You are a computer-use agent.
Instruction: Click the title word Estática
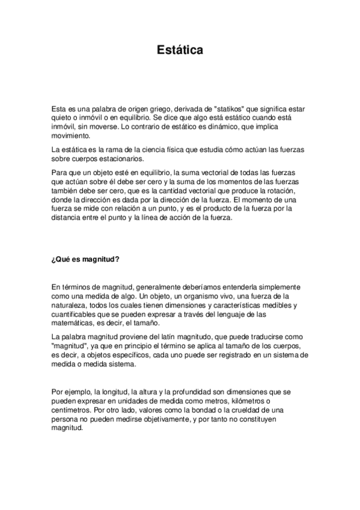pyautogui.click(x=180, y=50)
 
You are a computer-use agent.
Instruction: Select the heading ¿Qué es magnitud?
pyautogui.click(x=86, y=259)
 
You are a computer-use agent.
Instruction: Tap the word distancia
pyautogui.click(x=67, y=218)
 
